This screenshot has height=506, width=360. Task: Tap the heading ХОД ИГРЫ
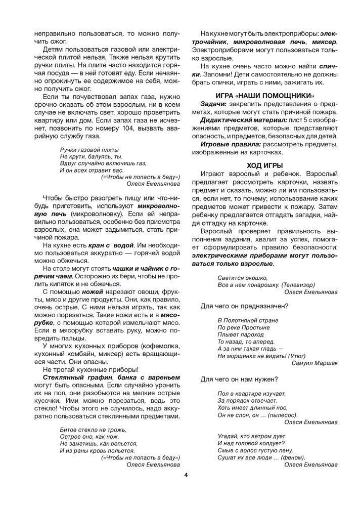[x=264, y=165]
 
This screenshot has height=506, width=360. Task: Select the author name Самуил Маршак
[x=314, y=363]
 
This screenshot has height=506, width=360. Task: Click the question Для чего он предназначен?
[x=244, y=306]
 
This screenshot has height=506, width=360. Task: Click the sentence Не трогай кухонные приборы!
[x=87, y=369]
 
